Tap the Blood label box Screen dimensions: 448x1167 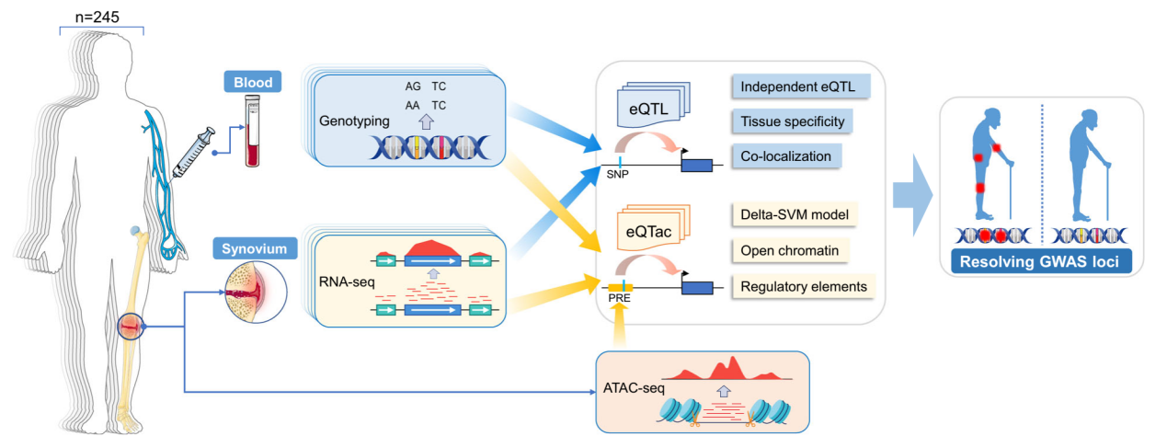point(253,84)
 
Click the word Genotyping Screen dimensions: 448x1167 point(353,121)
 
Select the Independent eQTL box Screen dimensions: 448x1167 point(801,89)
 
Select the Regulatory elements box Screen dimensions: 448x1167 point(803,286)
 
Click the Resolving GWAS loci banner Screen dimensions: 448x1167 point(1039,260)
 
